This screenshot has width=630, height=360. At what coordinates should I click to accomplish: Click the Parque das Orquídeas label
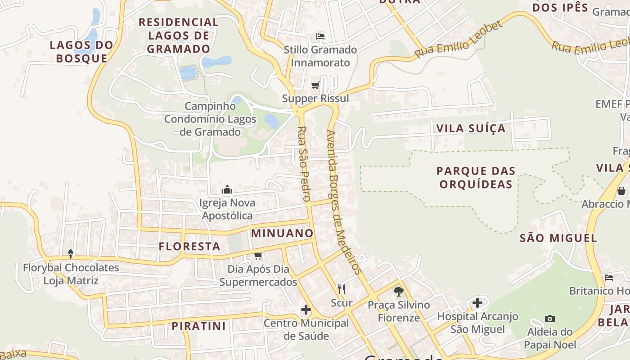(x=476, y=177)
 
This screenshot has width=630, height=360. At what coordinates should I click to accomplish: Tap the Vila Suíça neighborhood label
(x=471, y=129)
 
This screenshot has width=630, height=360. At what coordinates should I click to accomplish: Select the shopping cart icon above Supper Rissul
(x=315, y=85)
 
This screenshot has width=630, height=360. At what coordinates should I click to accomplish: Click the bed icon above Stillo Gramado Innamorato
(x=320, y=36)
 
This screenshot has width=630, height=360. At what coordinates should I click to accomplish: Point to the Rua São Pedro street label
(x=304, y=163)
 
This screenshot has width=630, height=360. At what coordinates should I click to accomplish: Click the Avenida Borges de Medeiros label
(x=344, y=202)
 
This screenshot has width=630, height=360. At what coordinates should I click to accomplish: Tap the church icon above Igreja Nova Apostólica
(x=227, y=189)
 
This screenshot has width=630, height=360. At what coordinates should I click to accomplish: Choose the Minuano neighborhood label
(x=282, y=233)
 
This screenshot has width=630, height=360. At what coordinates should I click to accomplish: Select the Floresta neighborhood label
(x=189, y=247)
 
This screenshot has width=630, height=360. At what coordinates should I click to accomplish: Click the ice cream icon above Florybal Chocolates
(x=71, y=254)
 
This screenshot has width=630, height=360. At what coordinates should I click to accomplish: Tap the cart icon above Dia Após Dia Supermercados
(x=258, y=256)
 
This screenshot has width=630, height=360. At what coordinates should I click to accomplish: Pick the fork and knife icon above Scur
(x=342, y=289)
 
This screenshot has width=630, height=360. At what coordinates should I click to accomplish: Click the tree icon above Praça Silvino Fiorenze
(x=398, y=292)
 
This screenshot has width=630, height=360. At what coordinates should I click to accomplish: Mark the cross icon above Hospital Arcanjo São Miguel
(x=477, y=303)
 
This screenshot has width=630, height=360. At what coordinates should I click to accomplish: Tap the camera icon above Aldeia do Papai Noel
(x=549, y=319)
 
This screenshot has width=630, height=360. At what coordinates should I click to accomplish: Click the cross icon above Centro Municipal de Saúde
(x=306, y=310)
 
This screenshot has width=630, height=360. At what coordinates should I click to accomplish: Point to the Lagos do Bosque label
(x=81, y=51)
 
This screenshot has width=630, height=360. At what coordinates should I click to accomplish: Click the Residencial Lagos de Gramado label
(x=179, y=36)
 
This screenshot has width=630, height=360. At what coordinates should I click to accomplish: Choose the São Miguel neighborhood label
(x=558, y=238)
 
